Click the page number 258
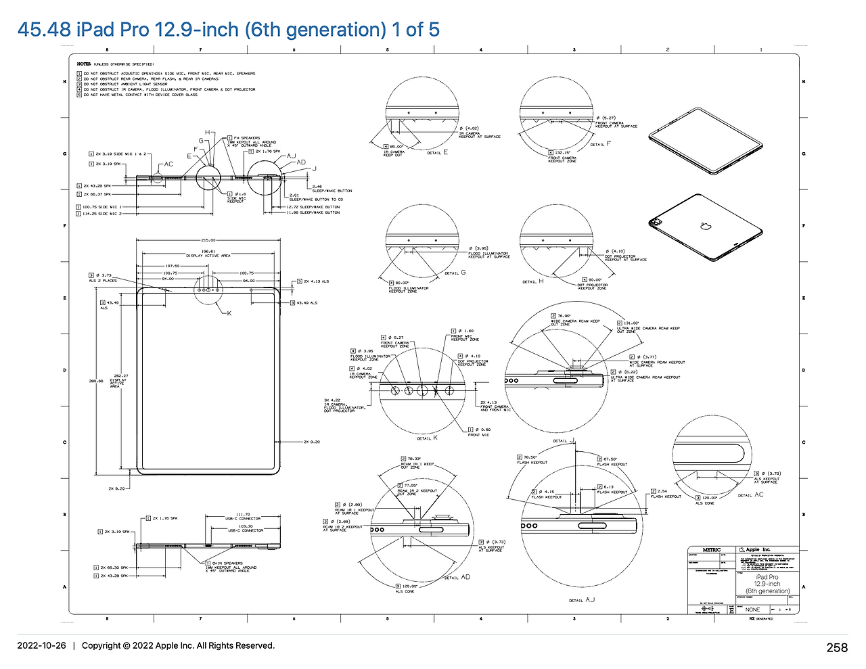pos(836,648)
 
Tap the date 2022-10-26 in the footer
pos(41,645)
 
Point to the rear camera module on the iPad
pos(655,223)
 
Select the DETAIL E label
pos(437,153)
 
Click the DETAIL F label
pos(600,144)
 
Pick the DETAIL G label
pos(455,273)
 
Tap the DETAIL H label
pos(533,281)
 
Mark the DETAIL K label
pos(427,438)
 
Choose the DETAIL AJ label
pos(582,600)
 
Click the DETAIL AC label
pos(750,495)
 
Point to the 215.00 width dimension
pos(208,240)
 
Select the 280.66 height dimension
pos(96,381)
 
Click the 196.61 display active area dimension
pos(208,252)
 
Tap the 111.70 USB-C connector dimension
pos(243,514)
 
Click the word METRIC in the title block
pos(712,550)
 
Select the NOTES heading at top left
pos(84,64)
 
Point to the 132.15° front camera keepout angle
pos(562,153)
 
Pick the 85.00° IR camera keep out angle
pos(396,146)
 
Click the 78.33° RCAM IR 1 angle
pos(411,459)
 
